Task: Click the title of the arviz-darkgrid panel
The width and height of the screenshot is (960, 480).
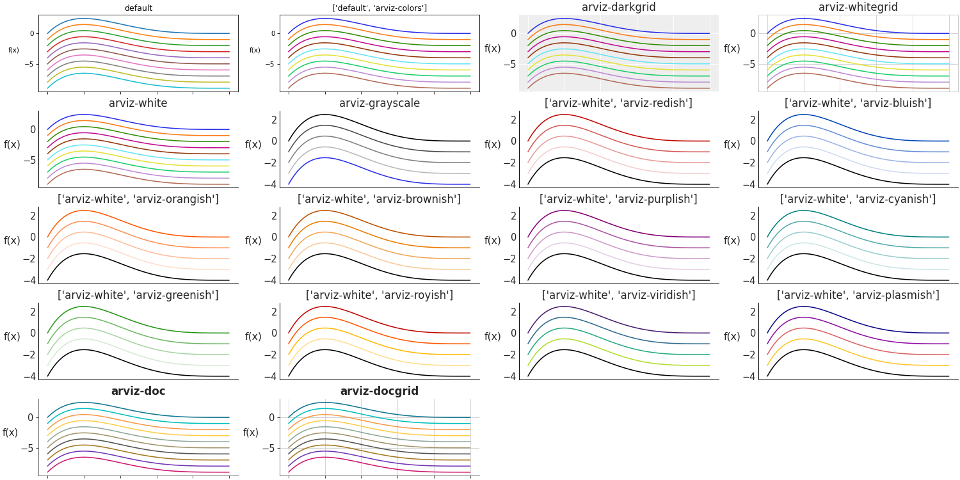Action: point(618,8)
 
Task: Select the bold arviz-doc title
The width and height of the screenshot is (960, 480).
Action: point(138,391)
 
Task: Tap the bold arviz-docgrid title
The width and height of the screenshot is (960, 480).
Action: point(379,391)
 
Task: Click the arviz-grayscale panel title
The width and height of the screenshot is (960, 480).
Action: point(379,103)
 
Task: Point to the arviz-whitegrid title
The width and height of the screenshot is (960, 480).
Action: point(858,8)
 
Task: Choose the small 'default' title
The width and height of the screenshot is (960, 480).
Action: point(138,8)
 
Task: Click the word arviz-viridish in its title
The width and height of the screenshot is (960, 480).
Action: point(655,295)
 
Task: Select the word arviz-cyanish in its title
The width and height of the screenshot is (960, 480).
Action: point(896,199)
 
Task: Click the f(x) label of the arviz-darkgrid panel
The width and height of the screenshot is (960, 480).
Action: point(492,49)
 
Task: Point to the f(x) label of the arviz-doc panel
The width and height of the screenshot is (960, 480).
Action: point(10,433)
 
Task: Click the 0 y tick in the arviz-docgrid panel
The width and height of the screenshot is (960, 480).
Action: point(271,418)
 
